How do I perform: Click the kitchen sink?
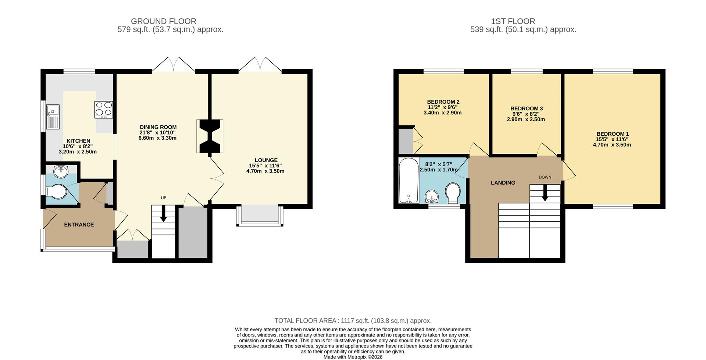click(x=53, y=116)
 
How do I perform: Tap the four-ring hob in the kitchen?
click(x=104, y=109)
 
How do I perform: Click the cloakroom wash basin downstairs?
click(x=61, y=171)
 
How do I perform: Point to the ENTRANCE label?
click(x=79, y=225)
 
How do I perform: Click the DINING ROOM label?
click(x=158, y=127)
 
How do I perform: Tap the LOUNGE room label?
click(x=266, y=160)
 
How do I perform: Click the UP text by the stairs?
click(x=164, y=198)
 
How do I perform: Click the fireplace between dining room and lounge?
click(x=210, y=136)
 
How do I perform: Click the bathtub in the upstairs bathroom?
click(x=409, y=180)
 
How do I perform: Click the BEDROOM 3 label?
click(x=527, y=108)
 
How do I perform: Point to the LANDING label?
click(x=503, y=183)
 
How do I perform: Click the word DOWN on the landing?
click(x=545, y=177)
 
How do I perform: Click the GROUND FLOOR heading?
click(x=164, y=21)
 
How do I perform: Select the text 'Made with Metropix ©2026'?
click(x=353, y=357)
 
